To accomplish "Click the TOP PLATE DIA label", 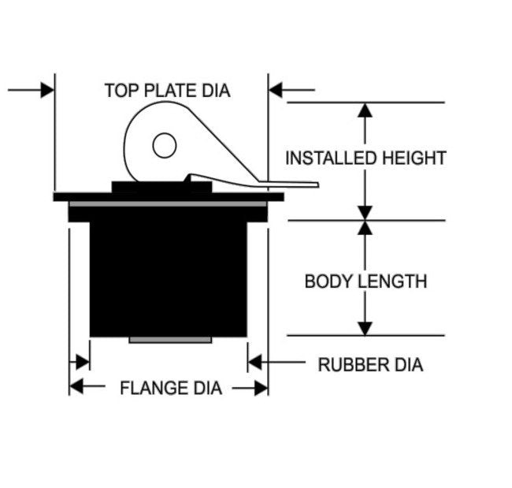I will [x=167, y=91].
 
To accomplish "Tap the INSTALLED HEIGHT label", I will [x=365, y=158].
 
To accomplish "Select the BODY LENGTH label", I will [x=365, y=281].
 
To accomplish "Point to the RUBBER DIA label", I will [x=370, y=365].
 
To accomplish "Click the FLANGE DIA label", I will [x=170, y=388].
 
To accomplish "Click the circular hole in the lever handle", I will [x=164, y=146].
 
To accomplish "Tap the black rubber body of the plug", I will [x=169, y=276].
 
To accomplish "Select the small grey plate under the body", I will [x=170, y=340].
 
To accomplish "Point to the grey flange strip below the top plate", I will [x=168, y=204].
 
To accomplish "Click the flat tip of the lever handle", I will [x=303, y=185].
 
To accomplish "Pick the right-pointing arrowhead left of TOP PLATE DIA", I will [x=46, y=90].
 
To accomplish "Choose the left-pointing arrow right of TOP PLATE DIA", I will [x=276, y=90].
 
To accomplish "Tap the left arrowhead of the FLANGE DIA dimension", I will [x=76, y=387].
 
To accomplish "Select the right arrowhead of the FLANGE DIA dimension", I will [x=261, y=387].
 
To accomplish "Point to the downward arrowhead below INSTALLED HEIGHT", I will [x=365, y=211].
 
